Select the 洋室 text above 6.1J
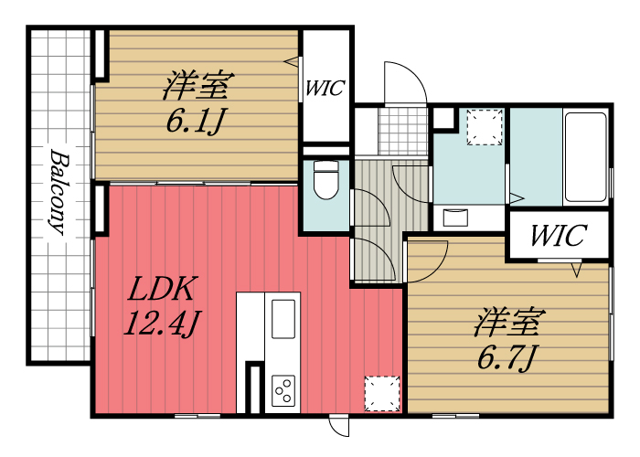click(196, 87)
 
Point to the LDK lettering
click(162, 290)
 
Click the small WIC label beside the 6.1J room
click(325, 89)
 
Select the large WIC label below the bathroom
click(557, 236)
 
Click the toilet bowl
click(325, 180)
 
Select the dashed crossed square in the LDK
click(381, 393)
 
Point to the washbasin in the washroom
click(455, 217)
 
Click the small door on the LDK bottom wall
click(339, 426)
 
